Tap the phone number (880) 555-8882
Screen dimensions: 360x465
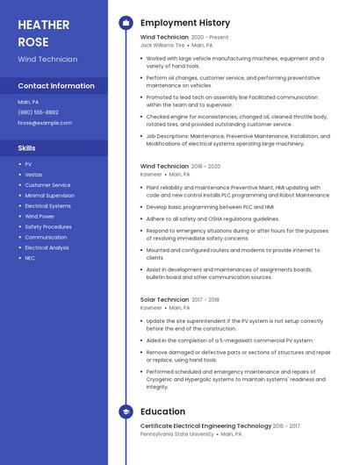point(39,112)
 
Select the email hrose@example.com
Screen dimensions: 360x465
point(45,123)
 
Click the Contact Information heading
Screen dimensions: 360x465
point(56,86)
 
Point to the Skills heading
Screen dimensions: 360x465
point(27,148)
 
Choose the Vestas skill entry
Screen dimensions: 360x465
point(33,175)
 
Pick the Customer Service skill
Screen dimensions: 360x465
point(47,185)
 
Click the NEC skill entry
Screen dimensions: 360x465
point(30,258)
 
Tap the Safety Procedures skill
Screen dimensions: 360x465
point(48,226)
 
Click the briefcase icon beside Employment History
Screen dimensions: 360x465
point(126,23)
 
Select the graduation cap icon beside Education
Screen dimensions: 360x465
point(126,411)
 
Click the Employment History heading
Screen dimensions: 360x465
point(185,23)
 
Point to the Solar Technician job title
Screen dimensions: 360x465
point(164,299)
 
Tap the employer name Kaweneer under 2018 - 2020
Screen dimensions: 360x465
point(151,174)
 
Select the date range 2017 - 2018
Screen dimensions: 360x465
point(205,299)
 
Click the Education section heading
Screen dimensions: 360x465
point(162,411)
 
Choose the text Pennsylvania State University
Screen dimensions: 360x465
point(176,433)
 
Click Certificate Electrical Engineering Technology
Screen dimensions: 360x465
point(205,425)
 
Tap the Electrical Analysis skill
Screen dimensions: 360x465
point(47,247)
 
